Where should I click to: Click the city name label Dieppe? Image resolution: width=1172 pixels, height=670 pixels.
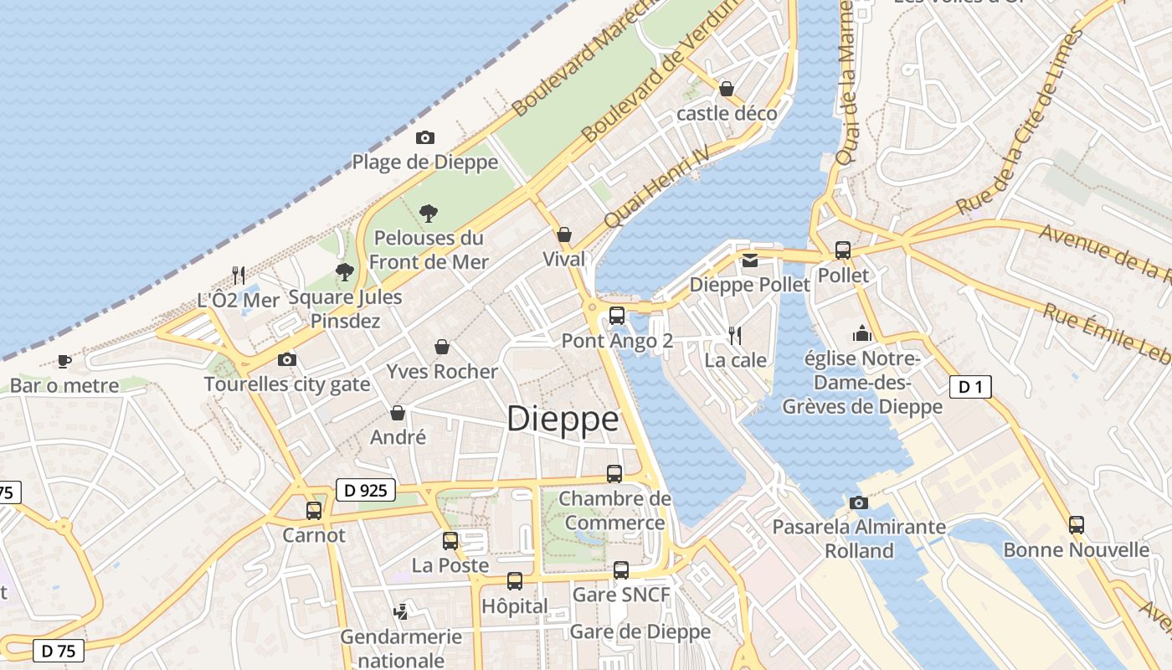[x=563, y=419]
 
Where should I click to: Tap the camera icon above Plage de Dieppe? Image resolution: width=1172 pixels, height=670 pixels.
[x=425, y=137]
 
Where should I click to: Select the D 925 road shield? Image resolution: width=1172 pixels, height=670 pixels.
[x=366, y=490]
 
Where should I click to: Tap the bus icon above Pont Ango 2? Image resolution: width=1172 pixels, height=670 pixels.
[x=617, y=316]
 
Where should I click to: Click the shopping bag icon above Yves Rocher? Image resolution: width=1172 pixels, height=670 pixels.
[x=442, y=347]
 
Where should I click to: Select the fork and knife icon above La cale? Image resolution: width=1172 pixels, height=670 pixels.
[x=735, y=336]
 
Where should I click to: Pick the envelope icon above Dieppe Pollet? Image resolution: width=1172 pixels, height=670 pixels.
[x=749, y=260]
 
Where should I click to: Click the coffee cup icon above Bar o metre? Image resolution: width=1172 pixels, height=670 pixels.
[x=64, y=362]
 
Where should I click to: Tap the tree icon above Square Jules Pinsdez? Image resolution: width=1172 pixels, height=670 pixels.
[x=344, y=271]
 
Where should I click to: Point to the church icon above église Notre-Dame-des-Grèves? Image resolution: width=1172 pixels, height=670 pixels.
[x=862, y=333]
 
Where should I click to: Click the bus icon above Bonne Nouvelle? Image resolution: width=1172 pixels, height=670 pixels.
[x=1077, y=525]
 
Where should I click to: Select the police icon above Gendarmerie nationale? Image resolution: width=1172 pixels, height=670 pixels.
[x=401, y=612]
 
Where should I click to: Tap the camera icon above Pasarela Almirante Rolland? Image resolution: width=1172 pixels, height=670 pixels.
[x=858, y=502]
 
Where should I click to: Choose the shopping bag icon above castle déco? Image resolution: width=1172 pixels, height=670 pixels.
[x=727, y=89]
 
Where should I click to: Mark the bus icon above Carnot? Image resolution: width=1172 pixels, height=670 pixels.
[x=314, y=510]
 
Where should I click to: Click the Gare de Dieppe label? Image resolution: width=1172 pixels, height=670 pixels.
[x=640, y=631]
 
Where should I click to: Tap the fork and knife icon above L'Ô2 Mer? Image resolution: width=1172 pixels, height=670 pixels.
[x=239, y=275]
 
